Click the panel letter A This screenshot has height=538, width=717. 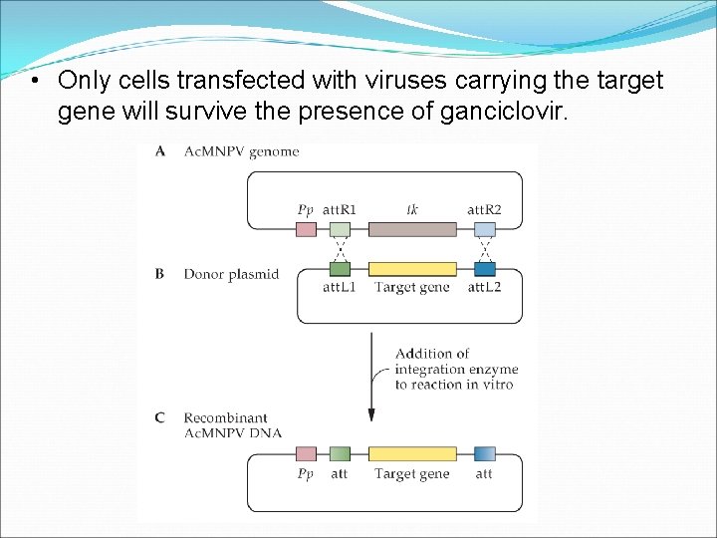[x=160, y=151]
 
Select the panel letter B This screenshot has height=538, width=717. [x=160, y=273]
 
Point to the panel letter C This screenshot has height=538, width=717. [x=160, y=417]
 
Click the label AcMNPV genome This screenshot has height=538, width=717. [x=241, y=151]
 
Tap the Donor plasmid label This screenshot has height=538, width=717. [x=231, y=273]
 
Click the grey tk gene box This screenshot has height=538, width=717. [x=412, y=229]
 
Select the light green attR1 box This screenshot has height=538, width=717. [x=340, y=229]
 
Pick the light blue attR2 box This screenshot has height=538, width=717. [x=485, y=229]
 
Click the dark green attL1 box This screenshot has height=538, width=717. [x=340, y=269]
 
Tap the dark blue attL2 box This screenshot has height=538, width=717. [x=485, y=269]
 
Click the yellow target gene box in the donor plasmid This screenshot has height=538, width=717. [x=412, y=269]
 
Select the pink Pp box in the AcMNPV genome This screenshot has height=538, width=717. [x=307, y=229]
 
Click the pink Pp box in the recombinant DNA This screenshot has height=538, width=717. [x=307, y=454]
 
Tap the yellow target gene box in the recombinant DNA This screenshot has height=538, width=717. [x=412, y=454]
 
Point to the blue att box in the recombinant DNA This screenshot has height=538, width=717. [x=485, y=454]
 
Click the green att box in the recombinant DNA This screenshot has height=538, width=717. [x=340, y=454]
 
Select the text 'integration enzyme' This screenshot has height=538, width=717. [x=456, y=370]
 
